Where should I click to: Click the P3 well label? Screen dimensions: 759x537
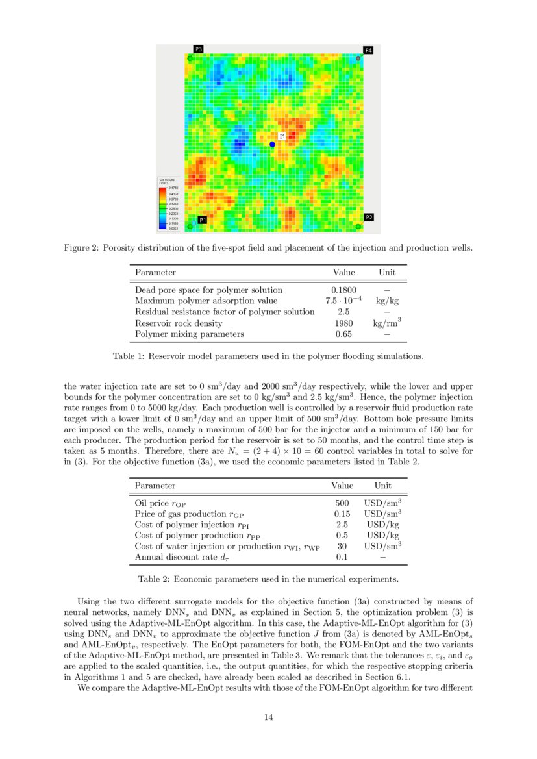pos(199,49)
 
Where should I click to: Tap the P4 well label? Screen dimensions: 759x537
pos(368,50)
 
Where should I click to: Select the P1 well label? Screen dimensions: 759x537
pos(203,220)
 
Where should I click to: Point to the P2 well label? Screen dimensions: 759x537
pos(368,217)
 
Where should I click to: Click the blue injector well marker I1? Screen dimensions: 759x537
pos(272,144)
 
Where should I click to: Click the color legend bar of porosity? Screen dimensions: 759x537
pos(163,208)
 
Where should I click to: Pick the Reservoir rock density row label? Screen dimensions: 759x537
pos(178,323)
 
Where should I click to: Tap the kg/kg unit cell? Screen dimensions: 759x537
pos(386,301)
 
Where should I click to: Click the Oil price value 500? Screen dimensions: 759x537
pos(342,503)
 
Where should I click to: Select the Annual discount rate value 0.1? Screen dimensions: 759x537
pos(342,557)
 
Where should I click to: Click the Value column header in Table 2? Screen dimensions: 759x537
pos(342,486)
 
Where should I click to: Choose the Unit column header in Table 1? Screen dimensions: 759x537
pos(386,273)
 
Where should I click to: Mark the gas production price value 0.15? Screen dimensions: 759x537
pos(342,514)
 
